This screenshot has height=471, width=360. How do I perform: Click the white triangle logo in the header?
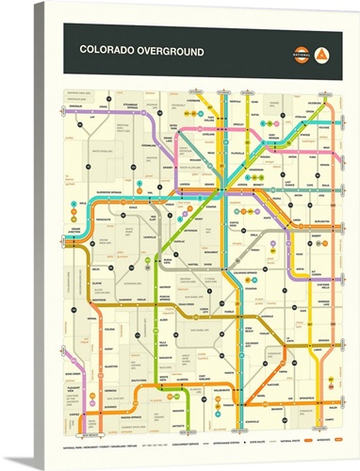tap(323, 52)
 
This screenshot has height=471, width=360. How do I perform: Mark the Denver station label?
tap(219, 183)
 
